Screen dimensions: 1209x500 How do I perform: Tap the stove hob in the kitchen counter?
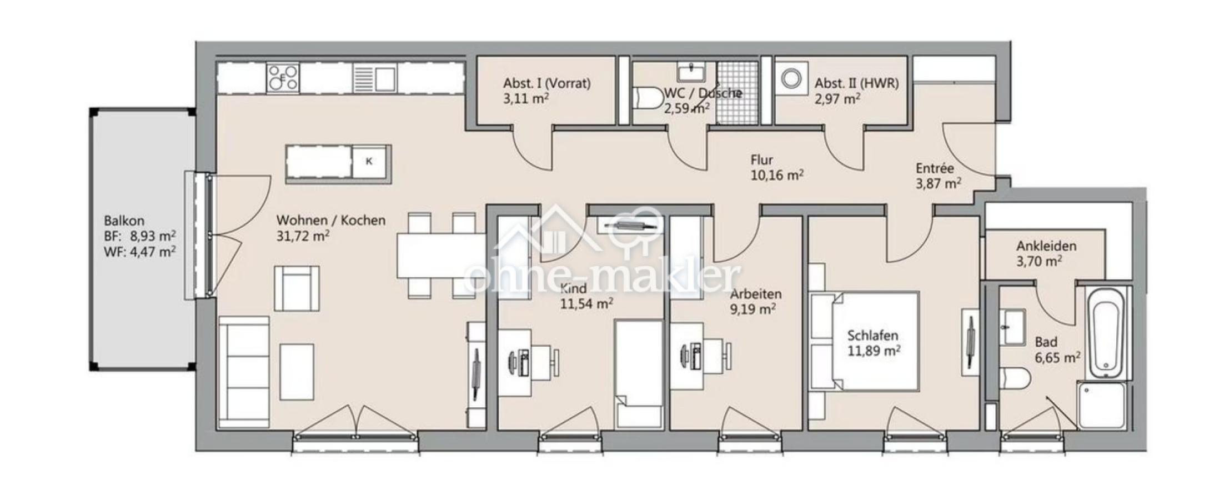(x=283, y=78)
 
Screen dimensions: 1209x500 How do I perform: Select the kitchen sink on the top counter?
(x=375, y=78)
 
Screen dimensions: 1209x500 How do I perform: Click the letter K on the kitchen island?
(x=369, y=162)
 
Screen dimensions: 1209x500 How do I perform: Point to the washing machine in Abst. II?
(x=791, y=78)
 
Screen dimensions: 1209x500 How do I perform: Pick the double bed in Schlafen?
(x=863, y=340)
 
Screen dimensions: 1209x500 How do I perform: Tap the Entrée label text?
(x=935, y=168)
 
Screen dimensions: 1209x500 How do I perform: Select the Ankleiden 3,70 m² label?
(x=1046, y=253)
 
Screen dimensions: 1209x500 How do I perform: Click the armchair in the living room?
(x=297, y=288)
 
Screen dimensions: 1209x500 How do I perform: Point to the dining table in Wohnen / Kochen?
(x=442, y=256)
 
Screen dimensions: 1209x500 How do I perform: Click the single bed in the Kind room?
(x=639, y=374)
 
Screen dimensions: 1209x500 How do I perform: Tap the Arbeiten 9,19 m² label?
(x=755, y=301)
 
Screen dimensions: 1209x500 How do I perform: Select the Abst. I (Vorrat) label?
(x=546, y=83)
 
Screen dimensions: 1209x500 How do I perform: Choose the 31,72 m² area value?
(x=303, y=236)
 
